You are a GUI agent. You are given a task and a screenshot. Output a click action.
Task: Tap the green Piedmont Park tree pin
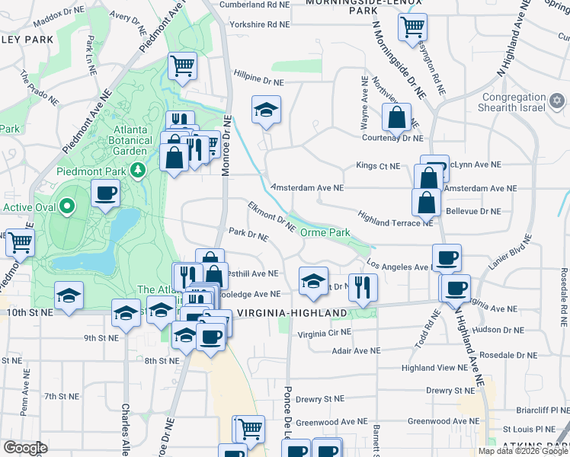(x=138, y=170)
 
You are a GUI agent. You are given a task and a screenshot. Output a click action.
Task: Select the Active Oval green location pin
(x=67, y=206)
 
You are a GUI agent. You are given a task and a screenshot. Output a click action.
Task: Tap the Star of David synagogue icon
(x=557, y=101)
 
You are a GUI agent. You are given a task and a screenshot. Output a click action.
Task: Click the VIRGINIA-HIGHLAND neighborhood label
(x=292, y=313)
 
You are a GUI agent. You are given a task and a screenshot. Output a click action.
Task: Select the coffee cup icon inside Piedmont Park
(x=106, y=193)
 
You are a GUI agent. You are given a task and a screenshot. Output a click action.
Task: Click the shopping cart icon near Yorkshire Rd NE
(x=412, y=27)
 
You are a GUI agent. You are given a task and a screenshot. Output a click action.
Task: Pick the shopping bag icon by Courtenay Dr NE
(x=397, y=118)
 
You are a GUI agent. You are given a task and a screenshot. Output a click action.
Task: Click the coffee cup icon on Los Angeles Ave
(x=447, y=257)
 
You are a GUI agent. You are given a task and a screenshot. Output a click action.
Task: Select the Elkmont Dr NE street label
(x=271, y=216)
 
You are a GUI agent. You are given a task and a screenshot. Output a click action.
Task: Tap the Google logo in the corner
(x=24, y=448)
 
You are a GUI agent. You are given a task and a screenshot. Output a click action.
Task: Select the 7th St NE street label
(x=62, y=396)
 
